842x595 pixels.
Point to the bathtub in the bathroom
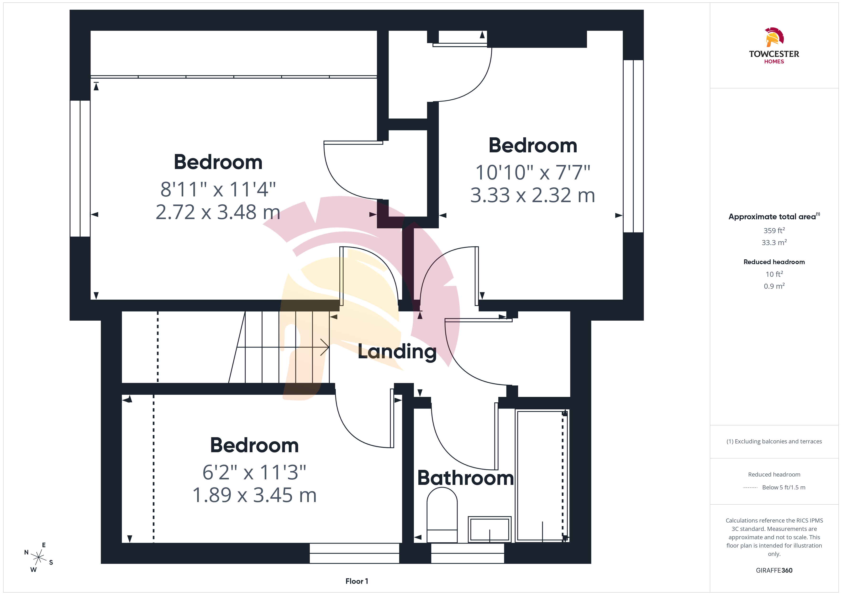[542, 476]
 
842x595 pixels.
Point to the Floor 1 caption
[357, 581]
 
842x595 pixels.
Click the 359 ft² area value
[774, 231]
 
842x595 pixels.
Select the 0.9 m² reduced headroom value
[774, 286]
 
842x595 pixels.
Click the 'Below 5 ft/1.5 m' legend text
[784, 487]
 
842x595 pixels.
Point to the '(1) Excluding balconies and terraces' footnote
[774, 441]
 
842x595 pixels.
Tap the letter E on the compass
[44, 545]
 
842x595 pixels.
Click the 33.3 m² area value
[774, 242]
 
